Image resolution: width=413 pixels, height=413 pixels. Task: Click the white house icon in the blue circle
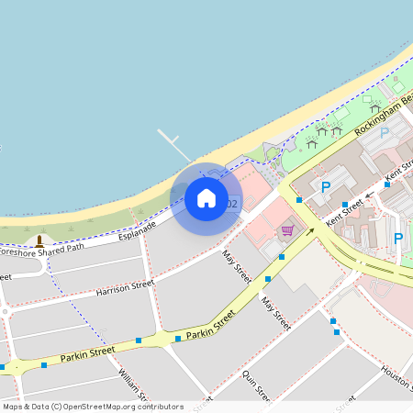(x=206, y=197)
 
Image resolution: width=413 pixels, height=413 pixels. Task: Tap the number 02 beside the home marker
(x=231, y=204)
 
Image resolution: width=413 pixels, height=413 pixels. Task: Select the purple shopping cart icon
(x=287, y=229)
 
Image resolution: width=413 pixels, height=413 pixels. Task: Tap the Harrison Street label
(x=125, y=290)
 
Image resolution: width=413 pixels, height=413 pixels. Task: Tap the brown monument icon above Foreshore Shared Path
(x=39, y=240)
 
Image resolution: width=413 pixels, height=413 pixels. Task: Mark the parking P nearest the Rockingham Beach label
(x=385, y=132)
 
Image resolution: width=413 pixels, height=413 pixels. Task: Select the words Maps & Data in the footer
(x=22, y=407)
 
